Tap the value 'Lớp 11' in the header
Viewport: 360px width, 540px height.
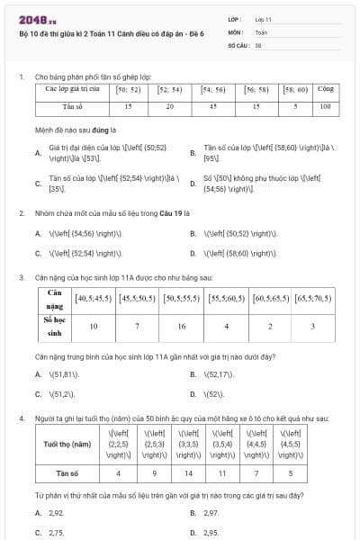263,19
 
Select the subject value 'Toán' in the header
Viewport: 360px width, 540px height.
261,31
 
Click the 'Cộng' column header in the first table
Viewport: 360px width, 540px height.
326,89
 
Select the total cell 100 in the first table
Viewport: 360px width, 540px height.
326,106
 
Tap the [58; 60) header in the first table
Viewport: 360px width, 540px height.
295,89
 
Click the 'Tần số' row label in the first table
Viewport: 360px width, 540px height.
73,106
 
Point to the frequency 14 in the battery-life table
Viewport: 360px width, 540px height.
187,471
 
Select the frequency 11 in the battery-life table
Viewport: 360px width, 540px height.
224,471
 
